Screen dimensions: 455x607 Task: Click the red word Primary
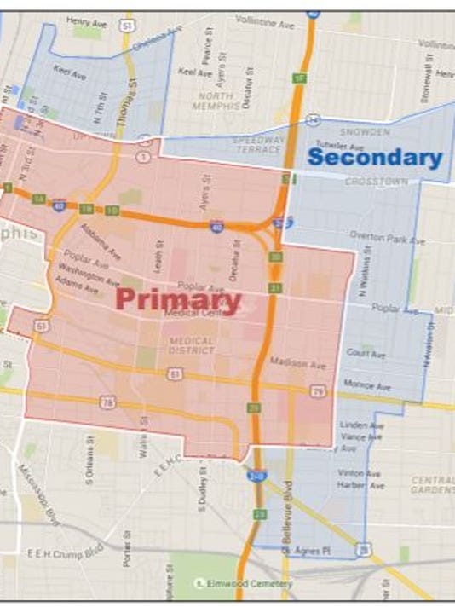[x=178, y=299]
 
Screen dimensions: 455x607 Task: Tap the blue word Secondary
[x=375, y=158]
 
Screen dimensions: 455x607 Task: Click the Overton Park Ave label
[x=387, y=240]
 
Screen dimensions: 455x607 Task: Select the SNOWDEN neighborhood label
[x=364, y=132]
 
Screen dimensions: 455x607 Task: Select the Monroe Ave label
[x=367, y=386]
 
